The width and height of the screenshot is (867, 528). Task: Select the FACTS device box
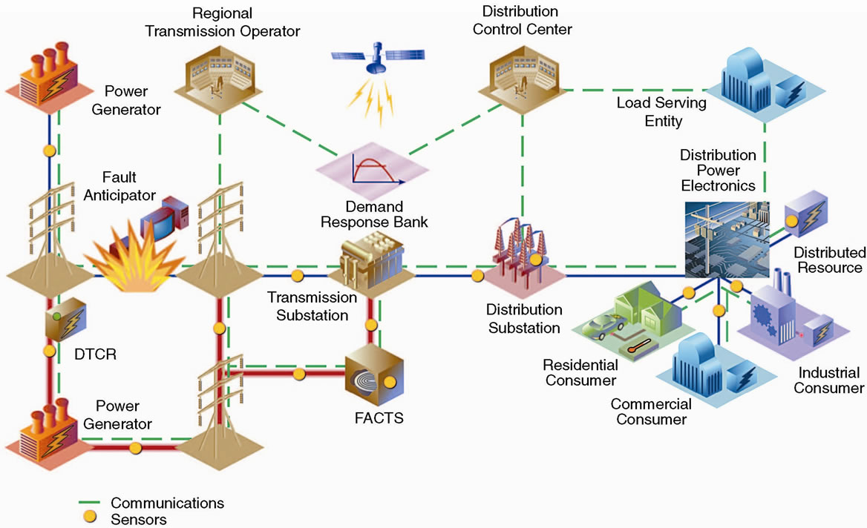pos(374,377)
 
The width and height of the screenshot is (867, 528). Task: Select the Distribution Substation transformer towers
pos(523,252)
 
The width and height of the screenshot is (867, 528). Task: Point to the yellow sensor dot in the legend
pos(91,518)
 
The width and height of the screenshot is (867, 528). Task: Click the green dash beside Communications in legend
pos(91,503)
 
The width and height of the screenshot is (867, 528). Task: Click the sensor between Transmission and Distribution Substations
pos(477,277)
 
